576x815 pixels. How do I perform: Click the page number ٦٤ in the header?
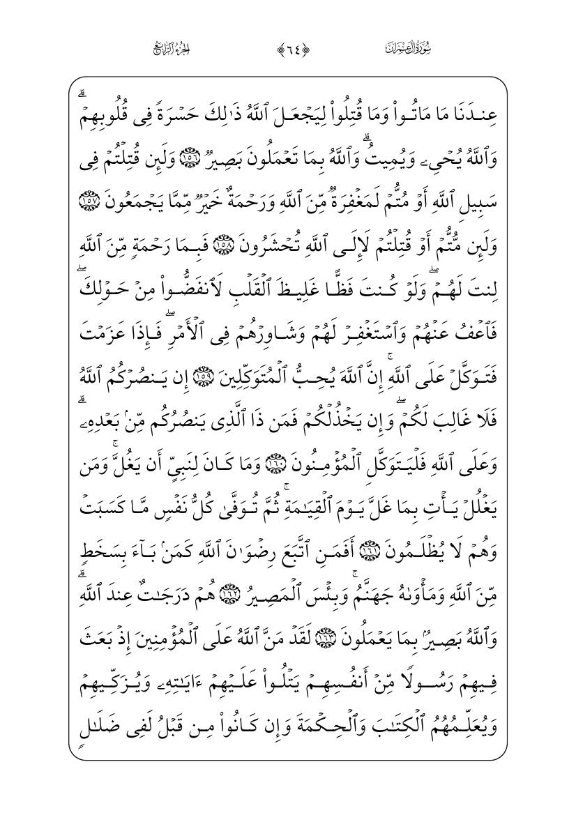[287, 48]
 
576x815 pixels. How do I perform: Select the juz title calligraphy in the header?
[172, 48]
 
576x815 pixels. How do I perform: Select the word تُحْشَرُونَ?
[268, 233]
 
